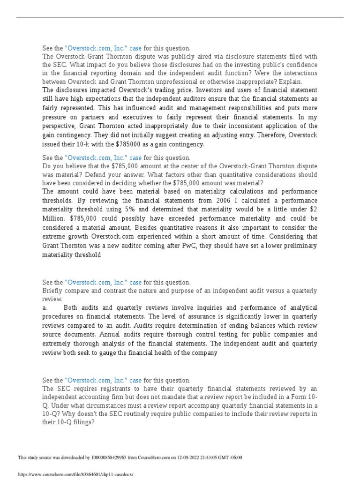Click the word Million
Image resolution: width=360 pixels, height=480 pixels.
53,218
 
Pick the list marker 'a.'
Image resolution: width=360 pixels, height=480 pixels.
45,308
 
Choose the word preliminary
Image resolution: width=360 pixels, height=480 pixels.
283,246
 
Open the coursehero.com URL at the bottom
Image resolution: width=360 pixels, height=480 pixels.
75,474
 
